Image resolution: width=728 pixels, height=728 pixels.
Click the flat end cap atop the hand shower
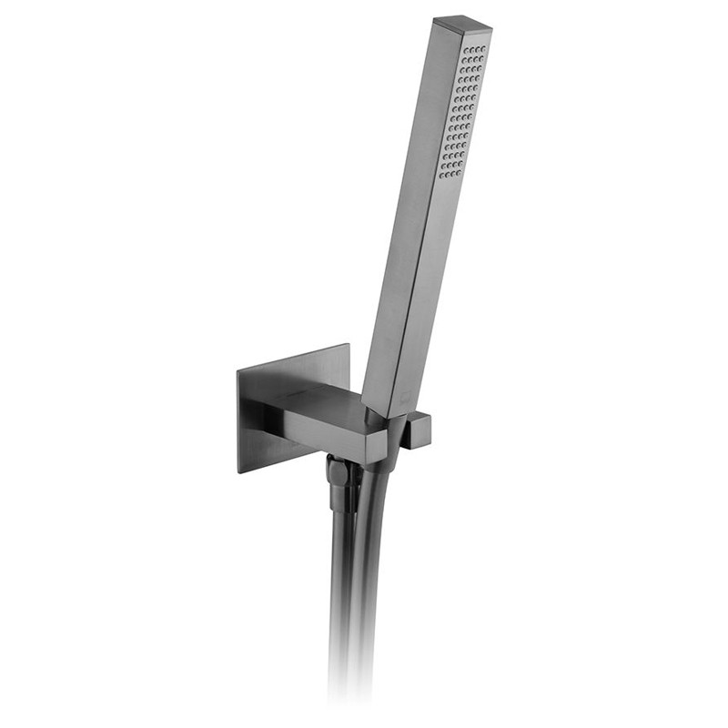tap(462, 21)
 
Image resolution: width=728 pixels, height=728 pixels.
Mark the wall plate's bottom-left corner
tap(240, 471)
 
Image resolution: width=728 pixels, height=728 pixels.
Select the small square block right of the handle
tap(418, 430)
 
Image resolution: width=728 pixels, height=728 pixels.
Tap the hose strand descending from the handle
tap(368, 582)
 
